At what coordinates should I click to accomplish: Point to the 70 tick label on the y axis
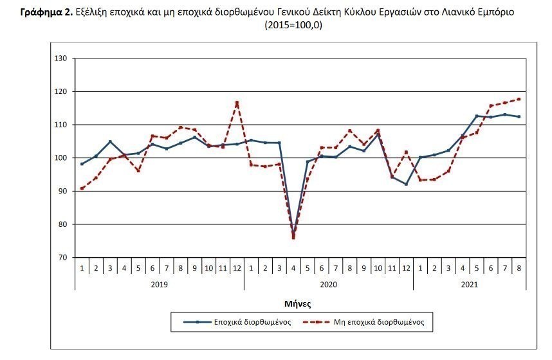pos(63,258)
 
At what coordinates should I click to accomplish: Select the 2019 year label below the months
pos(160,283)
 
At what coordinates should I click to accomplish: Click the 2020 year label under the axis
pos(328,283)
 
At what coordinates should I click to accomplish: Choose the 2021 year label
pos(469,283)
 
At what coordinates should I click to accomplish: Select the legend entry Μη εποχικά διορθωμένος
pos(380,321)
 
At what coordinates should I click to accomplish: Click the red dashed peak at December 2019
pos(237,102)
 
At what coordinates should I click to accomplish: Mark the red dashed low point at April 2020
pos(293,238)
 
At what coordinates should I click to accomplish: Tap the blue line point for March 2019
pos(110,141)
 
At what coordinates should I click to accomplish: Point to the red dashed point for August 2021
pos(519,99)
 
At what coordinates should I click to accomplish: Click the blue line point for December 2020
pos(406,184)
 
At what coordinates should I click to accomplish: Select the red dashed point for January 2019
pos(82,189)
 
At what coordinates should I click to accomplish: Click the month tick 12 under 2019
pos(237,266)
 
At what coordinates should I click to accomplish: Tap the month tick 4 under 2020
pos(293,266)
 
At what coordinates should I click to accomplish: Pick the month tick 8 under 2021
pos(519,266)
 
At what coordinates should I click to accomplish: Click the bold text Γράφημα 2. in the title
pos(46,13)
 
